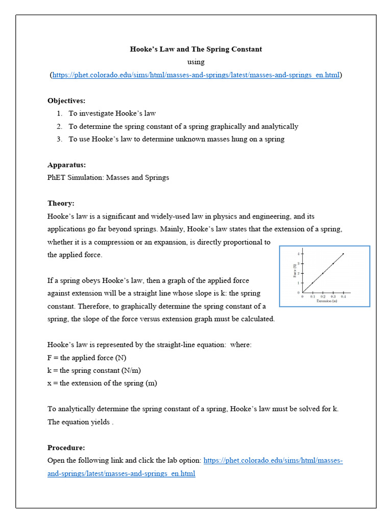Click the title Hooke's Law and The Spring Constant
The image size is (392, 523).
[x=196, y=49]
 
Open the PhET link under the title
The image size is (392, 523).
[x=196, y=75]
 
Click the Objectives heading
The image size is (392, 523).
[x=66, y=101]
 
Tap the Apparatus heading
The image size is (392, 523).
[x=66, y=164]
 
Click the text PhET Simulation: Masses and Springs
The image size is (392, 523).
[x=108, y=177]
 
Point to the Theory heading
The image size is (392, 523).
[x=61, y=203]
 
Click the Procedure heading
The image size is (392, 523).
[x=66, y=447]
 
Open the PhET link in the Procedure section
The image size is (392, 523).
[x=273, y=460]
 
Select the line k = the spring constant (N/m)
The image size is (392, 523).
[x=98, y=370]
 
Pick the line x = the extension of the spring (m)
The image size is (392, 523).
[x=102, y=383]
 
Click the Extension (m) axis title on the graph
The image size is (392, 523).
[x=327, y=301]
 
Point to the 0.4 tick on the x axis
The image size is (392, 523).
[x=343, y=296]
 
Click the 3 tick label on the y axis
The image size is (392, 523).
[x=299, y=264]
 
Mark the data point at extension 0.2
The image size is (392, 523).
[x=323, y=273]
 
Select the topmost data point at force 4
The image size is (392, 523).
[x=343, y=254]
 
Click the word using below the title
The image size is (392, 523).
[x=196, y=62]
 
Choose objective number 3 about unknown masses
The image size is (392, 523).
[x=177, y=139]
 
